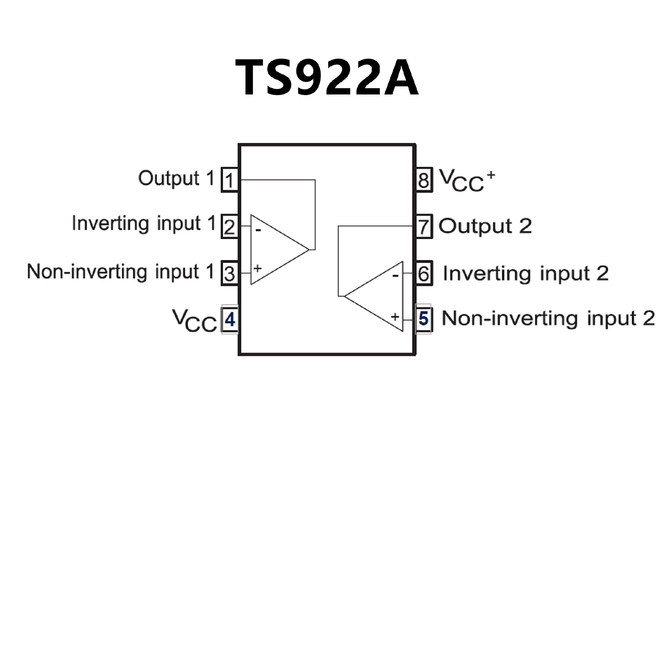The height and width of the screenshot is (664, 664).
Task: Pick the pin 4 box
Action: (x=230, y=319)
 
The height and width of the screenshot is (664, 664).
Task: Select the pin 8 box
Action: (x=424, y=180)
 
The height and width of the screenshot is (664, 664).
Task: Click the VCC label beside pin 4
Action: (x=194, y=321)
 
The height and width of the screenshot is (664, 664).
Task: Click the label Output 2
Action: (x=485, y=226)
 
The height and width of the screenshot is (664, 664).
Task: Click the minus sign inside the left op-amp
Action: (x=258, y=229)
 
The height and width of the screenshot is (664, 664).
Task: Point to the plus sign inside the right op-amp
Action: (x=395, y=316)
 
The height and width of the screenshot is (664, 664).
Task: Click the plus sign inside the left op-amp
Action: (x=258, y=268)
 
